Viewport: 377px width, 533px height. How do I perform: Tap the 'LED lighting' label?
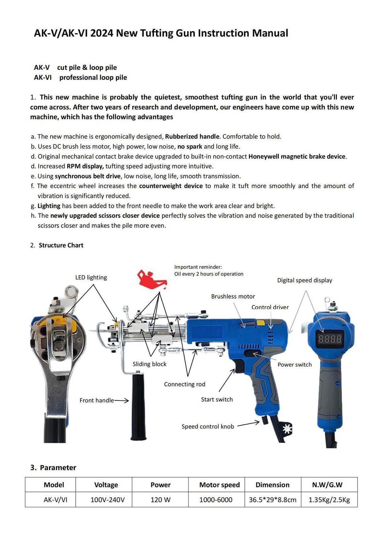coord(91,277)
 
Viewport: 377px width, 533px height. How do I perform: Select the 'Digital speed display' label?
coord(304,280)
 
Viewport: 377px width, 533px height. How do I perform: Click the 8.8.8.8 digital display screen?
coord(330,339)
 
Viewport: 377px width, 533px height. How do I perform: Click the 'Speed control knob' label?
coord(208,427)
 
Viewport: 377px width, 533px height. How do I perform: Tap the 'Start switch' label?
coord(217,400)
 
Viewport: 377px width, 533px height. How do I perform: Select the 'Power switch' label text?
coord(295,365)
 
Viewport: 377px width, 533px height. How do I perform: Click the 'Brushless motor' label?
coord(233,296)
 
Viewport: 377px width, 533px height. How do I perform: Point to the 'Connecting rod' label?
coord(184,384)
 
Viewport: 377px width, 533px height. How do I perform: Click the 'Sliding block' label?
coord(149,364)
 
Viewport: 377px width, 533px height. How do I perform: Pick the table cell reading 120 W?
coord(160,500)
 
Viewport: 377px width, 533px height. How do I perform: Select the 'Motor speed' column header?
coord(219,485)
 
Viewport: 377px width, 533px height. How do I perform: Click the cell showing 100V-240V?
coord(107,500)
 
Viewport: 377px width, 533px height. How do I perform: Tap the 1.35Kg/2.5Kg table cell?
coord(329,500)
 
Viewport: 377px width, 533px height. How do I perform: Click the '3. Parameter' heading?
coord(53,468)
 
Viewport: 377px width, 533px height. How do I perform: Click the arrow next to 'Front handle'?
coord(122,400)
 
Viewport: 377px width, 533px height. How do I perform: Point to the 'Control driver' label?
coord(270,307)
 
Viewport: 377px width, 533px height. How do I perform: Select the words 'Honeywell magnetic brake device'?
coord(297,156)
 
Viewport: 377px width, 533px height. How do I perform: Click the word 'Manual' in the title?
coord(270,33)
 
